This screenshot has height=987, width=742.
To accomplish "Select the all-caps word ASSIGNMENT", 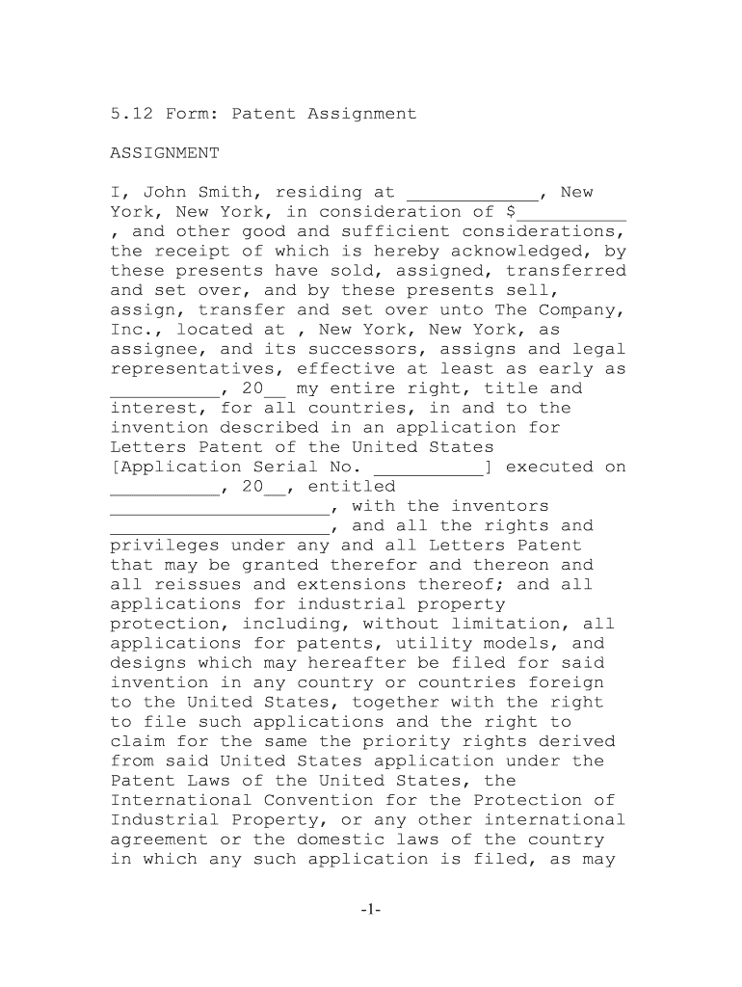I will [x=165, y=153].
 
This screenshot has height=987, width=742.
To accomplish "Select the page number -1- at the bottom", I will [x=372, y=909].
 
